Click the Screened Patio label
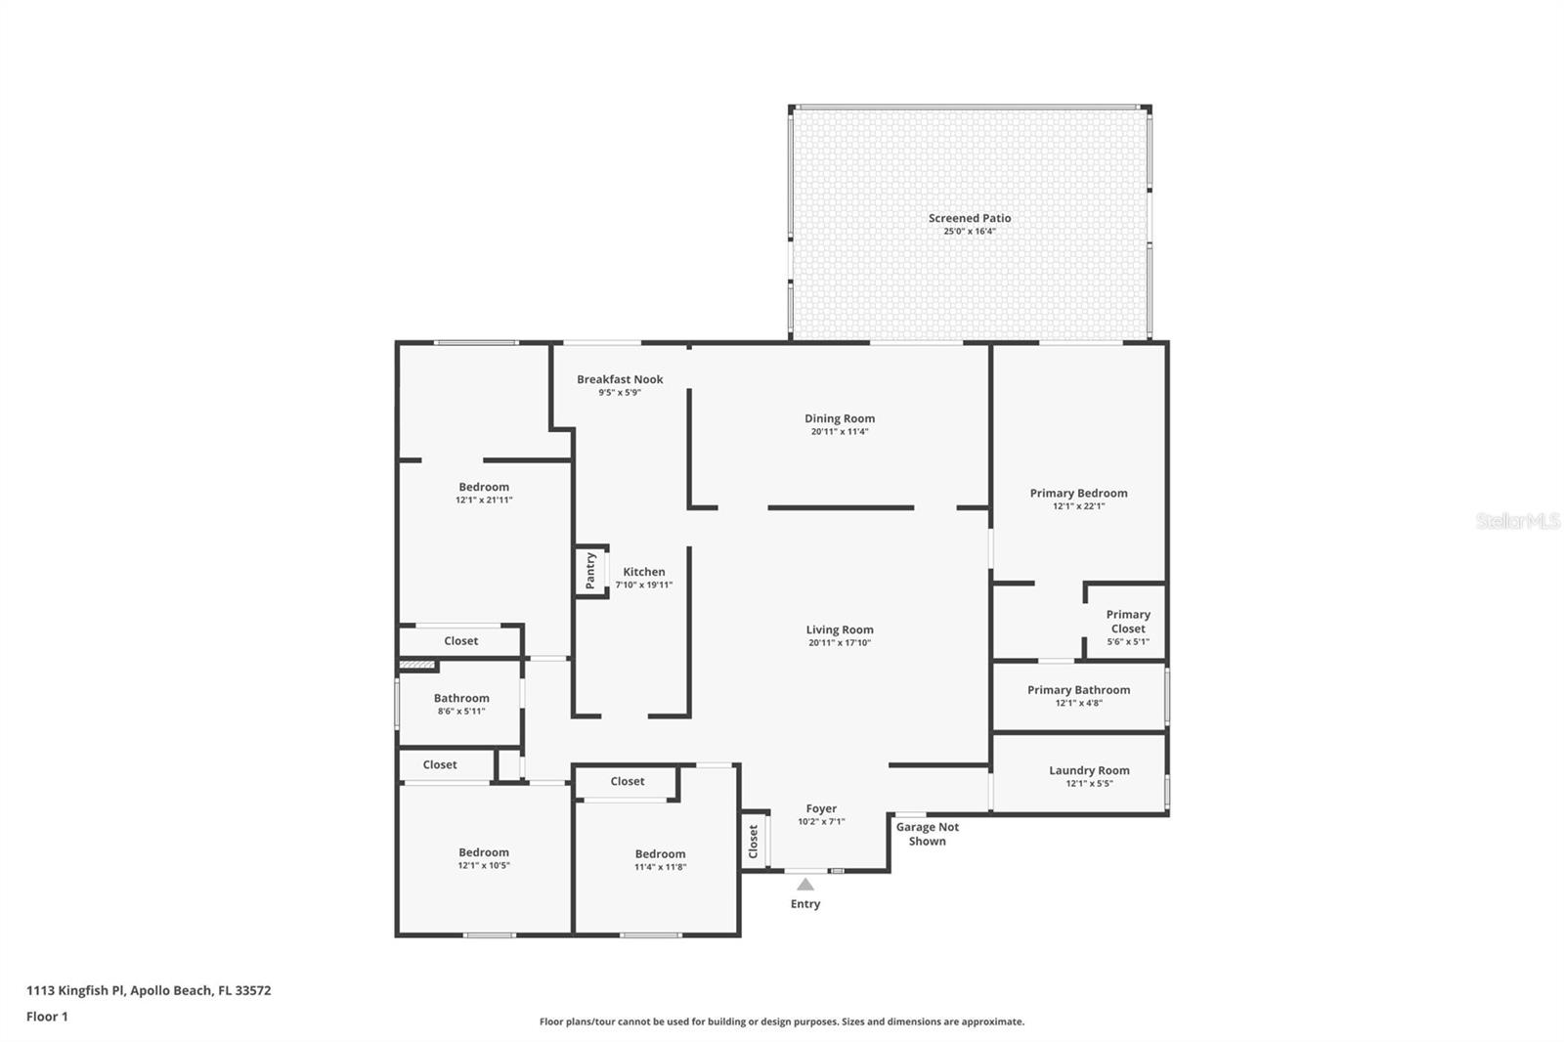pyautogui.click(x=969, y=218)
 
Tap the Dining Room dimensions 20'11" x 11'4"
pyautogui.click(x=840, y=432)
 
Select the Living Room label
pyautogui.click(x=840, y=630)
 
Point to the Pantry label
pyautogui.click(x=590, y=571)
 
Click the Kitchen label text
pyautogui.click(x=644, y=571)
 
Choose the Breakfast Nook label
pyautogui.click(x=620, y=379)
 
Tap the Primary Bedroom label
pyautogui.click(x=1079, y=493)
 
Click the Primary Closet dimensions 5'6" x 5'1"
pyautogui.click(x=1128, y=641)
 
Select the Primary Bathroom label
pyautogui.click(x=1079, y=690)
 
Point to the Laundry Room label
pyautogui.click(x=1089, y=770)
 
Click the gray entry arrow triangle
pyautogui.click(x=805, y=885)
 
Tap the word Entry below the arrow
pyautogui.click(x=805, y=904)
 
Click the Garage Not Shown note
pyautogui.click(x=928, y=834)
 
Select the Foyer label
pyautogui.click(x=821, y=808)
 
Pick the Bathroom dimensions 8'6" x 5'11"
pyautogui.click(x=460, y=711)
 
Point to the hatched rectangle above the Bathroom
pyautogui.click(x=417, y=664)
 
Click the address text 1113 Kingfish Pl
pyautogui.click(x=75, y=989)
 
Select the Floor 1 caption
pyautogui.click(x=48, y=1017)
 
